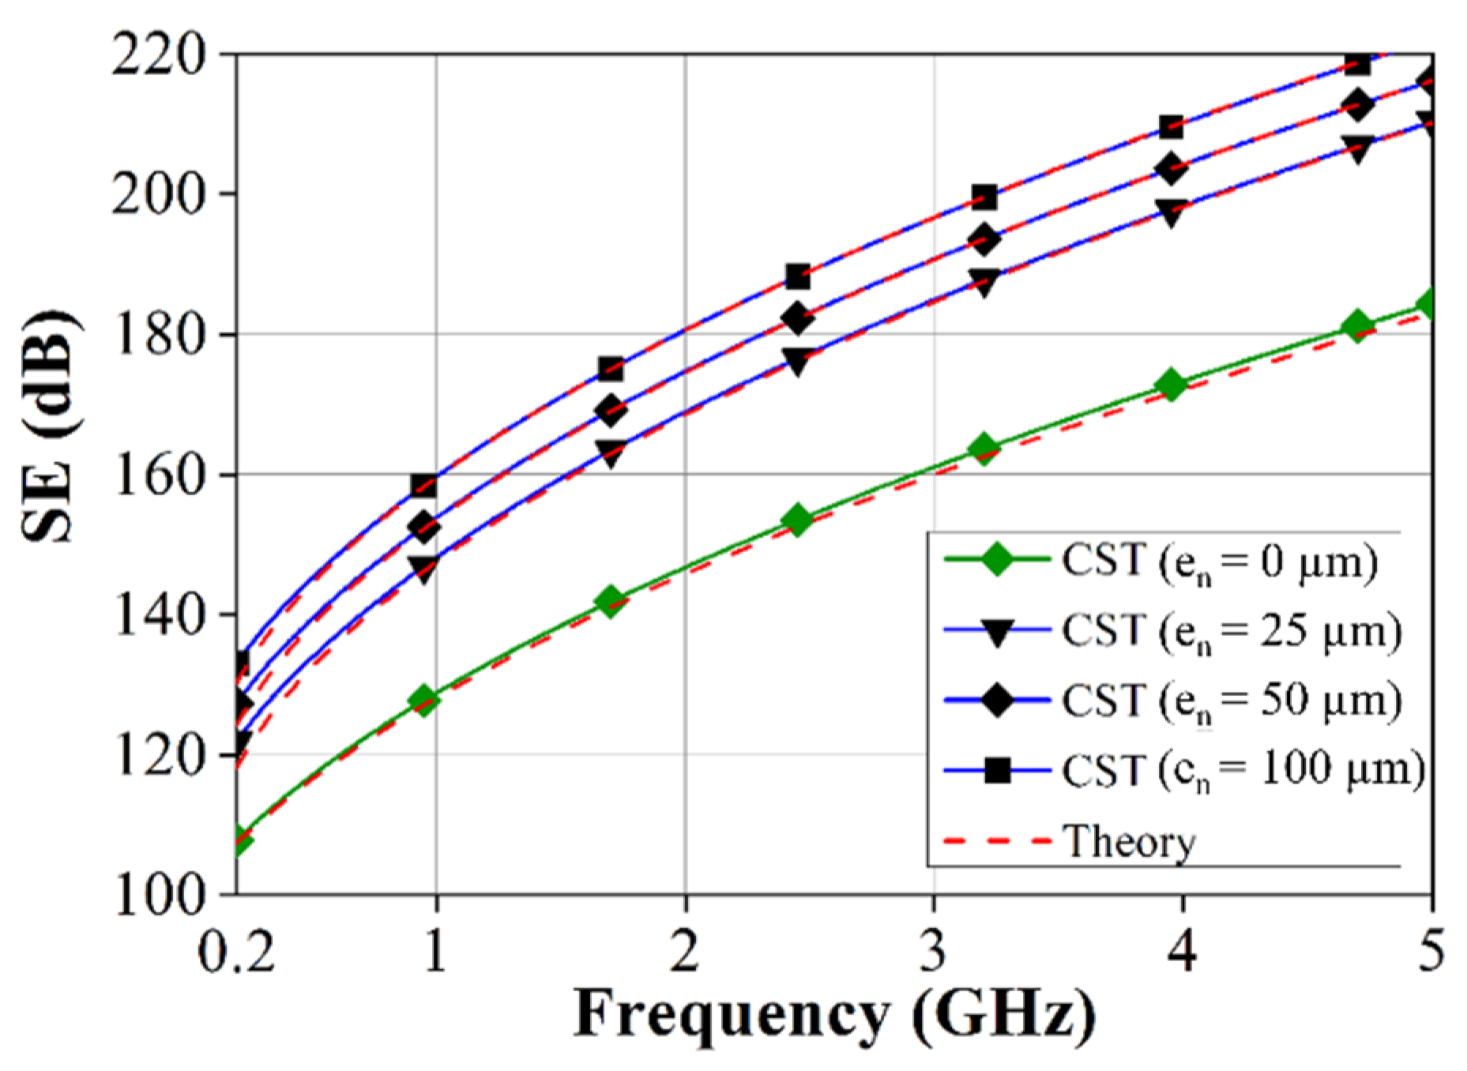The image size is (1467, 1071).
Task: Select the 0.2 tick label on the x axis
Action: (235, 951)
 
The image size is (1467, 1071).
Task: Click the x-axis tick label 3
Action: (934, 951)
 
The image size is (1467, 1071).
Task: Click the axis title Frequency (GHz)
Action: (834, 1016)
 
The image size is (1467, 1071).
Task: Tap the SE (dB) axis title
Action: (49, 427)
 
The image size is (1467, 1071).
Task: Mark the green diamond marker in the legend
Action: (998, 560)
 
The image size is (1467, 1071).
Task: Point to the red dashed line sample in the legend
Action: (998, 840)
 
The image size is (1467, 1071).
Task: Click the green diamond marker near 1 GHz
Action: (424, 701)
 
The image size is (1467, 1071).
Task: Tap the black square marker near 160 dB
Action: (424, 486)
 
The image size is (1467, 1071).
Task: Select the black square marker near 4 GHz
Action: (1172, 127)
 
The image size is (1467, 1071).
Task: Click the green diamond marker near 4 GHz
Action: (1172, 385)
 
